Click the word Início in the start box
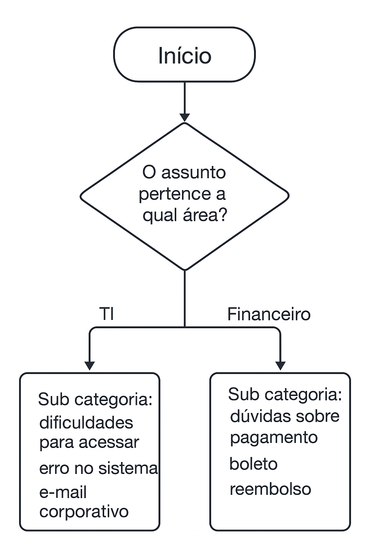click(x=184, y=56)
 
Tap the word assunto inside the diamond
click(x=194, y=172)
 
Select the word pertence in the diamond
click(x=175, y=194)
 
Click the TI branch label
click(x=106, y=314)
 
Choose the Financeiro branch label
click(x=268, y=314)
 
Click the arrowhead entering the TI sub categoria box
click(x=89, y=366)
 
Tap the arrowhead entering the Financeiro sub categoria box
click(x=280, y=366)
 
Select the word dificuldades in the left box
click(x=86, y=423)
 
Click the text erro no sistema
click(x=98, y=468)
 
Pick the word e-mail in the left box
click(x=63, y=493)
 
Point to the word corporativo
click(x=84, y=512)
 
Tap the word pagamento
click(x=274, y=438)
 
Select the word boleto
click(x=253, y=464)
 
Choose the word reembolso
click(x=270, y=489)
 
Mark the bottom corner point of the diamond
click(x=184, y=270)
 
